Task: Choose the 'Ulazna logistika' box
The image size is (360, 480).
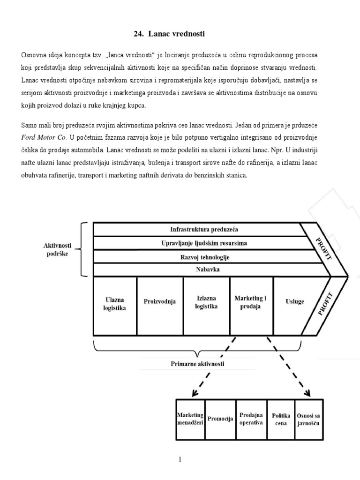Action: [x=115, y=305]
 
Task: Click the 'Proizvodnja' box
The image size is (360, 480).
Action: [x=160, y=301]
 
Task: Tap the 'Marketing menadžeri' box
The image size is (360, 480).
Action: [x=190, y=419]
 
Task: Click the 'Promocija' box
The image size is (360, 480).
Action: [x=220, y=419]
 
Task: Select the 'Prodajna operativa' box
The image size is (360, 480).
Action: [x=251, y=419]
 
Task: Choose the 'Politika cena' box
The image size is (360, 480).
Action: [x=281, y=419]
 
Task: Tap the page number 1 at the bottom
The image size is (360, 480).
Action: [x=180, y=459]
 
